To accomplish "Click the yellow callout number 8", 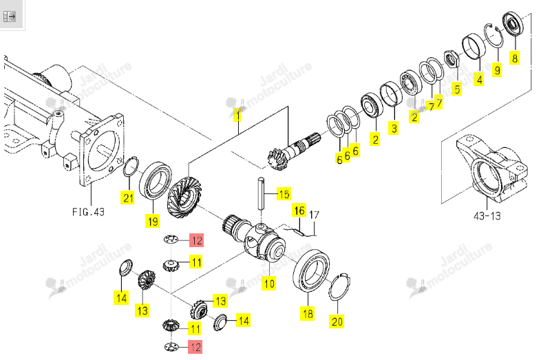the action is point(514,58).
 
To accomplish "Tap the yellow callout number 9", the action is point(497,70).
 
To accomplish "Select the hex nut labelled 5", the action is point(451,59).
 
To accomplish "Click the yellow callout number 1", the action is point(237,115).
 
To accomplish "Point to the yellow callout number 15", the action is point(284,194).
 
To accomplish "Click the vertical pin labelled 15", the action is point(261,193).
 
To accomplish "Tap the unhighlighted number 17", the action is point(314,215).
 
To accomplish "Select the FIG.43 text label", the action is point(88,211).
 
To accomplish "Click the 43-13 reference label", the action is point(487,216).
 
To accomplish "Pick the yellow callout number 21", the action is point(128,198).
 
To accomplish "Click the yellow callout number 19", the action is point(153,221).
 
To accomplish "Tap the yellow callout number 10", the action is point(268,284).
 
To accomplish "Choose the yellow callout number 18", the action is point(308,313).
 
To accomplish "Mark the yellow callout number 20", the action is point(337,321).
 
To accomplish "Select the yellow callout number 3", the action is point(394,129).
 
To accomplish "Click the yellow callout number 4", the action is point(479,80).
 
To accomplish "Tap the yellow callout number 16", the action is point(299,210).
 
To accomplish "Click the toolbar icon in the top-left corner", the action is point(10,17).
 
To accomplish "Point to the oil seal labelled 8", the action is point(513,23).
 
